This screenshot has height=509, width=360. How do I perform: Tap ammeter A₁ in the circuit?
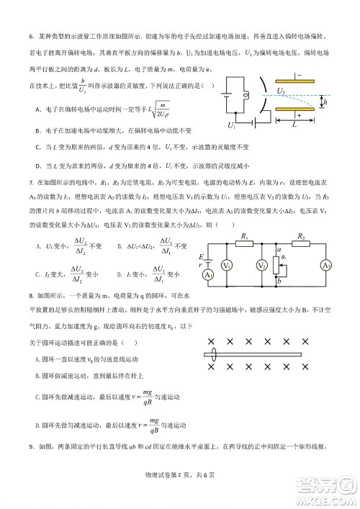pyautogui.click(x=209, y=276)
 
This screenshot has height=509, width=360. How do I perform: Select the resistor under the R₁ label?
pyautogui.click(x=245, y=244)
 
